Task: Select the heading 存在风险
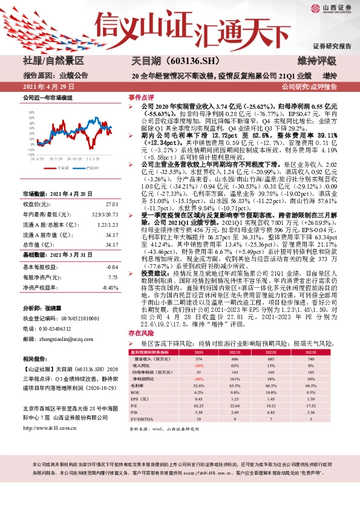(140, 333)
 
